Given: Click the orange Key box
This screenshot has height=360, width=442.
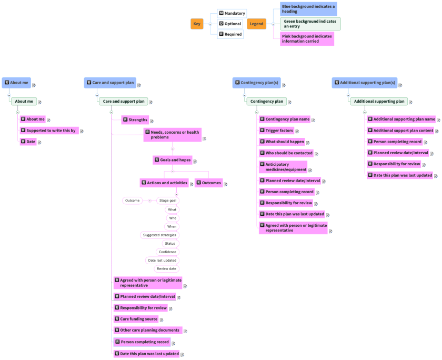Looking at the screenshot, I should click(197, 24).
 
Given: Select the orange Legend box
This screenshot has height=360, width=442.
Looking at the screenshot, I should click(256, 24).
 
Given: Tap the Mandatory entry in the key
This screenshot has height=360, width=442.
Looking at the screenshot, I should click(232, 13).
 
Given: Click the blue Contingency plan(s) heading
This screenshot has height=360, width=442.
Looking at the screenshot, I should click(256, 83).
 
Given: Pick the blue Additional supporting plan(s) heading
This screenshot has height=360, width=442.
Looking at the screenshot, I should click(364, 83).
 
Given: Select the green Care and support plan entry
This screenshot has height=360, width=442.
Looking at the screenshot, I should click(124, 101).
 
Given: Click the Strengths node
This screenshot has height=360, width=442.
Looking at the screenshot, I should click(135, 120).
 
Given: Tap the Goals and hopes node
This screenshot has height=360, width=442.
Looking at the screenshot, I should click(172, 159).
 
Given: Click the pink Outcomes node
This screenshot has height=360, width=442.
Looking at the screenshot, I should click(209, 183).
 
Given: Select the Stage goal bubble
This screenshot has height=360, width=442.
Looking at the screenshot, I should click(167, 201).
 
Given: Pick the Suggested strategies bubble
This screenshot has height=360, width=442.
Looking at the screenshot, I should click(160, 235).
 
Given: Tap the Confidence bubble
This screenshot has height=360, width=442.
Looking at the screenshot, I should click(167, 252).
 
